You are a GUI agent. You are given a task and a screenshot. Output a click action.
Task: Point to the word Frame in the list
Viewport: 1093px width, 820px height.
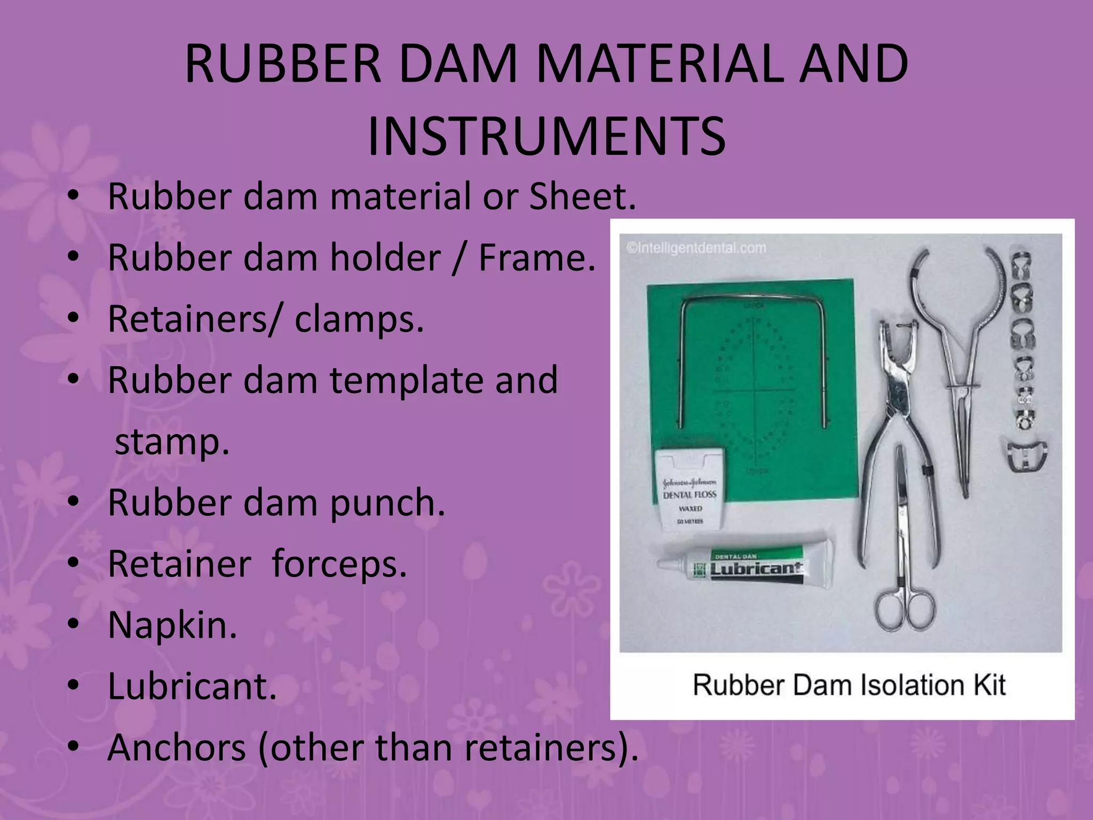[x=536, y=258]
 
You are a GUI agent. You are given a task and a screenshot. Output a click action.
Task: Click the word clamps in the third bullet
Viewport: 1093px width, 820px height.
[x=359, y=319]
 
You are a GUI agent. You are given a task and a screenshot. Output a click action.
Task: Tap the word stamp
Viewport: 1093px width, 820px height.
[x=172, y=442]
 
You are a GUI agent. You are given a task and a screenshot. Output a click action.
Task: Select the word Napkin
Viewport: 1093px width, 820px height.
[x=172, y=625]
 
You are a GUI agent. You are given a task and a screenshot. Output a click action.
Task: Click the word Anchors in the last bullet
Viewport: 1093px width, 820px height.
[x=176, y=747]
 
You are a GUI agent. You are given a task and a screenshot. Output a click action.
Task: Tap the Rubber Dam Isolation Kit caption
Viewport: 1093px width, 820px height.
[x=849, y=685]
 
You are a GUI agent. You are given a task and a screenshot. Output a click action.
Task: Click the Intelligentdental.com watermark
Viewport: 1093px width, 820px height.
[x=696, y=248]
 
